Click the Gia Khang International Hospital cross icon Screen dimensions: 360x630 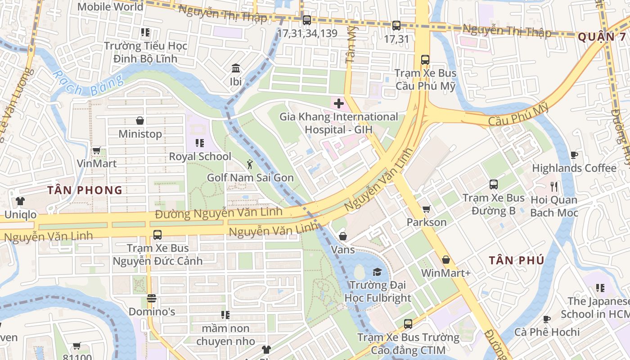(x=338, y=104)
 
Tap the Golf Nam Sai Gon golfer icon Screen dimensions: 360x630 (x=250, y=165)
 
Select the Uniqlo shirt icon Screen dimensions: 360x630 (x=20, y=201)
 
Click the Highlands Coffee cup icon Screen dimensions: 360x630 (x=574, y=155)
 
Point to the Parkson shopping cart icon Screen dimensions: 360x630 (x=426, y=209)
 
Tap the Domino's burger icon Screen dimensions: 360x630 (x=152, y=298)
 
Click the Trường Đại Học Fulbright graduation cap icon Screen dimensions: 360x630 (x=377, y=272)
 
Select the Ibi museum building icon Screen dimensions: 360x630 (x=236, y=68)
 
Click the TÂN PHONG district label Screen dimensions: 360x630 (x=85, y=190)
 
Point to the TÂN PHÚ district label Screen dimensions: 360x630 (x=517, y=260)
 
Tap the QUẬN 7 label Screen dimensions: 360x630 (x=602, y=37)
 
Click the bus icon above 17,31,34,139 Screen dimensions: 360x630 (x=307, y=20)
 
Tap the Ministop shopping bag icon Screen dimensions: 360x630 (x=140, y=121)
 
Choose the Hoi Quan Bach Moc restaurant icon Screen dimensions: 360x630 (x=554, y=186)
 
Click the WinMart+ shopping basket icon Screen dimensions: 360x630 (x=445, y=260)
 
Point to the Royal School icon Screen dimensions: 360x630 (x=200, y=143)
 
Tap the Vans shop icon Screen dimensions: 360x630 (x=343, y=236)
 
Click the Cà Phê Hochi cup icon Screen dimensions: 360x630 (x=547, y=319)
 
